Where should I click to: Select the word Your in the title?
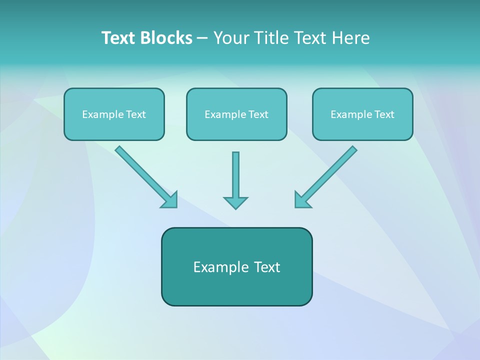coord(230,38)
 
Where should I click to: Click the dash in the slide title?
coord(202,38)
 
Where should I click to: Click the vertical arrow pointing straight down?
coord(235,177)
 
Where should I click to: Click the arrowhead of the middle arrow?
coord(235,202)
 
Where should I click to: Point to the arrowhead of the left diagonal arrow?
coord(170,200)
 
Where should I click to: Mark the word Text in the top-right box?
coord(384,114)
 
